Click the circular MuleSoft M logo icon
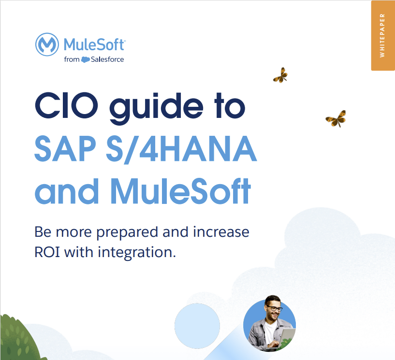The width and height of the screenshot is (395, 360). pyautogui.click(x=47, y=44)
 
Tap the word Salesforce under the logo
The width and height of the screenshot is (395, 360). pyautogui.click(x=107, y=59)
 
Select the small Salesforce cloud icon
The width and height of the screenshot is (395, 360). pyautogui.click(x=86, y=59)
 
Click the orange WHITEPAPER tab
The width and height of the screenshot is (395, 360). pyautogui.click(x=382, y=35)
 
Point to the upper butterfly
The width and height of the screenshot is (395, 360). pyautogui.click(x=280, y=75)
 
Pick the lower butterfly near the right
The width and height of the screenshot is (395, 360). pyautogui.click(x=336, y=118)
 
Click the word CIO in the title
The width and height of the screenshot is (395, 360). pyautogui.click(x=66, y=105)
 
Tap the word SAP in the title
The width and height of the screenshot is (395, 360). pyautogui.click(x=65, y=148)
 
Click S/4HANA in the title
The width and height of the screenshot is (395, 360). pyautogui.click(x=181, y=149)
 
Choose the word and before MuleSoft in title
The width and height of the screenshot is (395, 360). pyautogui.click(x=67, y=191)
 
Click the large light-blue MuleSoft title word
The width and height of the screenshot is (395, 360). pyautogui.click(x=181, y=191)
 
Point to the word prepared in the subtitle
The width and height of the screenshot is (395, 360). pyautogui.click(x=127, y=232)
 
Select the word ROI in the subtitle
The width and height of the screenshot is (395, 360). pyautogui.click(x=47, y=252)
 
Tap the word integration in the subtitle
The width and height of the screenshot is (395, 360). pyautogui.click(x=137, y=253)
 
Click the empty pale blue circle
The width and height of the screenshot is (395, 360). pyautogui.click(x=197, y=326)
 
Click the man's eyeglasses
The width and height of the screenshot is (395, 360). pyautogui.click(x=274, y=308)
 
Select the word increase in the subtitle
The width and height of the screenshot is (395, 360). pyautogui.click(x=221, y=232)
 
